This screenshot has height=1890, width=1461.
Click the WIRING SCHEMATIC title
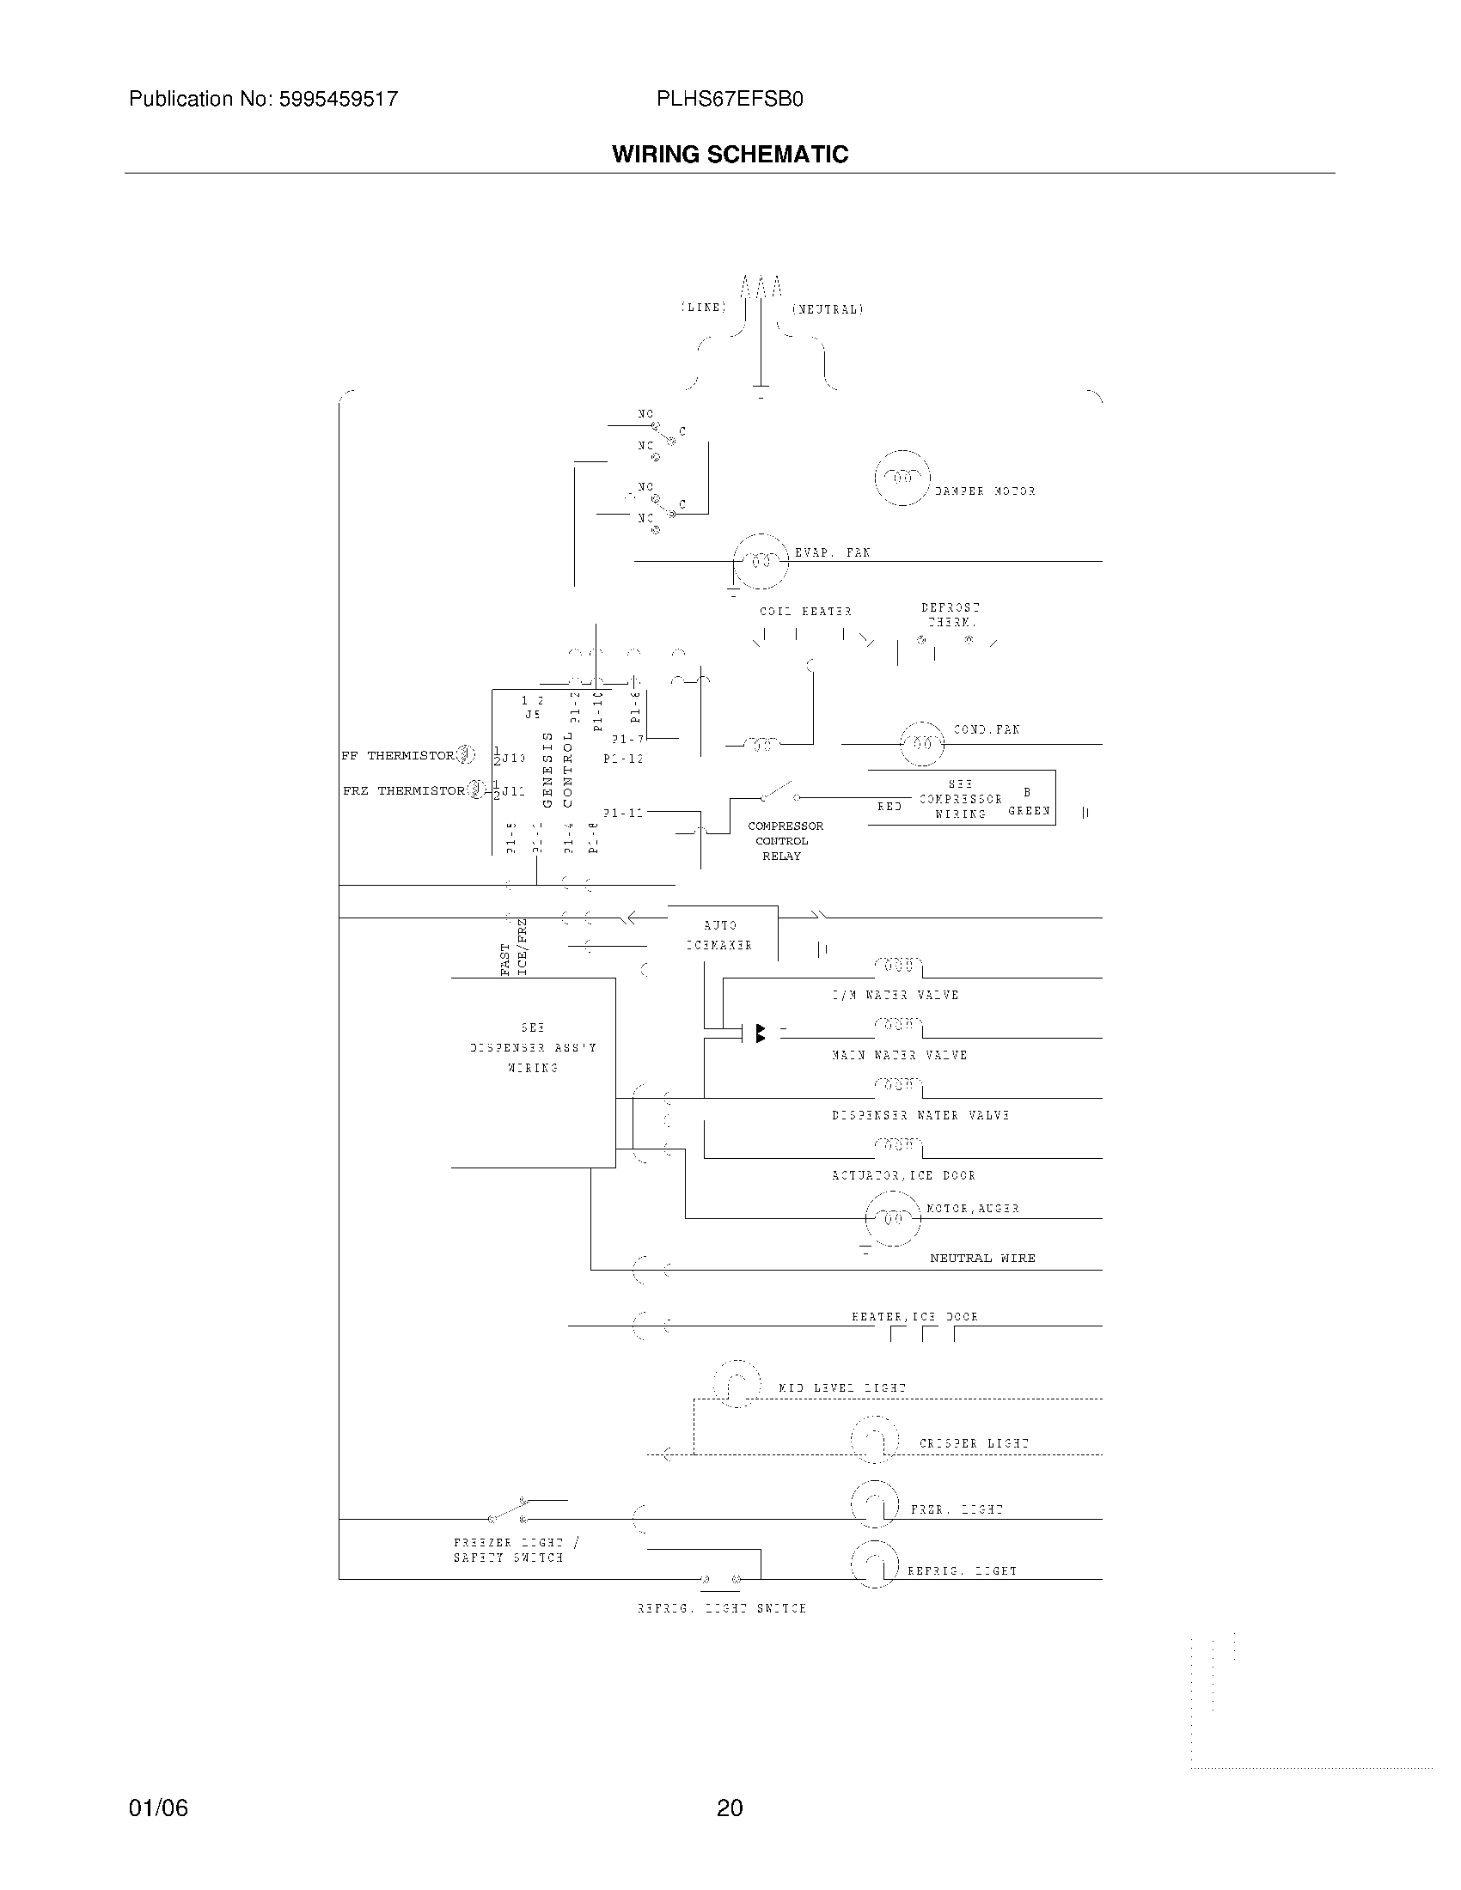coord(730,154)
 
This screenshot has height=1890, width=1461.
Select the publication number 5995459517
coord(338,100)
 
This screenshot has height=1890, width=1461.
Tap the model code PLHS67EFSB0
coord(730,100)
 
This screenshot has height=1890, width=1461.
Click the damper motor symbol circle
coord(902,478)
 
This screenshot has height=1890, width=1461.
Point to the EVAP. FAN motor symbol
coord(761,562)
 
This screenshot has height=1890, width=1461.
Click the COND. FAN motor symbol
coord(923,743)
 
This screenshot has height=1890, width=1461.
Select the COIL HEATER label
coord(805,612)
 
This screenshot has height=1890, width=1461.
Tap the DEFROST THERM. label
coord(951,614)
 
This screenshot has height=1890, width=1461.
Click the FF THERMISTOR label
coord(397,755)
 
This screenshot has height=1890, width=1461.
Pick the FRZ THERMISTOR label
coord(403,791)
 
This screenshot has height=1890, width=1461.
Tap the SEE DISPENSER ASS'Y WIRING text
coord(533,1048)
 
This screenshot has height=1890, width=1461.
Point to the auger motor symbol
coord(892,1218)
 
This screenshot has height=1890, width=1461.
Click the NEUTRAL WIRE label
coord(982,1259)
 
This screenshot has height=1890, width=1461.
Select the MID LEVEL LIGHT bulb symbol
coord(737,1384)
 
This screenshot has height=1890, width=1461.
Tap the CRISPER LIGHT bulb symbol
coord(874,1440)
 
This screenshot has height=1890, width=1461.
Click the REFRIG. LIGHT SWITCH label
coord(721,1609)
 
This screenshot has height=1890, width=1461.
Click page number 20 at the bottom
coord(730,1808)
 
